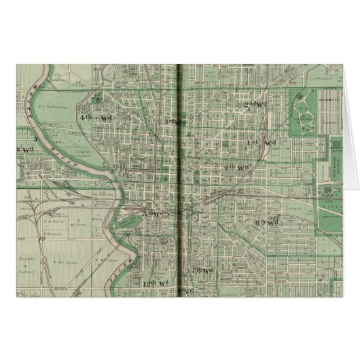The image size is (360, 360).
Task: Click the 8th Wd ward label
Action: click(270, 221)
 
